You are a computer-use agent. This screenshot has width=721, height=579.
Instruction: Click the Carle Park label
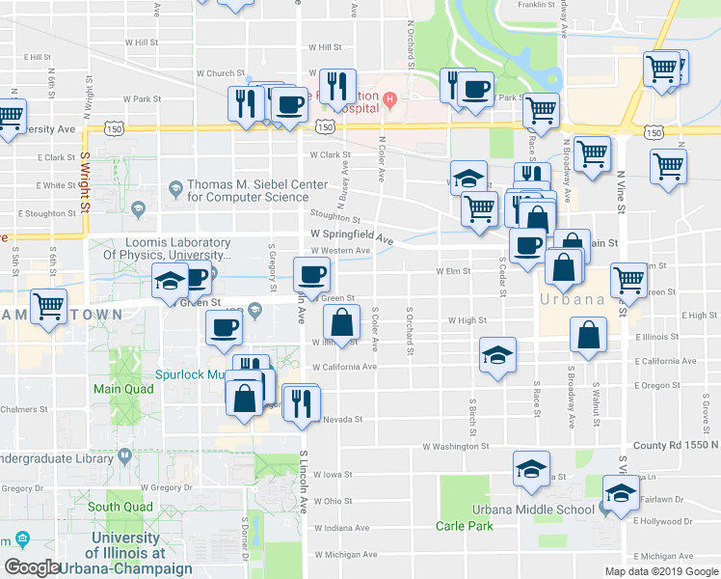[x=464, y=526]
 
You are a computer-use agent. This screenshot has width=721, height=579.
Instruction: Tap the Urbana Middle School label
[x=533, y=510]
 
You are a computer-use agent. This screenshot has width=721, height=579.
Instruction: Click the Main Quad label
[x=117, y=390]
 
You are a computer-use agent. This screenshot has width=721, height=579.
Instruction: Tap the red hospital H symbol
[x=389, y=98]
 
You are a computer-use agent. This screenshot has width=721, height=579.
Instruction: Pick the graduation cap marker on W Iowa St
[x=529, y=470]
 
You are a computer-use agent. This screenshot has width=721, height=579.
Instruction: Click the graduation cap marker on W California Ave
[x=497, y=354]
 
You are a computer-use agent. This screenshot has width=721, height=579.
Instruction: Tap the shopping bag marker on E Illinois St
[x=588, y=336]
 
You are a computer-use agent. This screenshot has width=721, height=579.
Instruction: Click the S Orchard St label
[x=410, y=330]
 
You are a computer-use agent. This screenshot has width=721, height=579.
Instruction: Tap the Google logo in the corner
[x=33, y=567]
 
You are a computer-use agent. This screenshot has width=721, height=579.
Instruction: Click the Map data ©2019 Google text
[x=661, y=571]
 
